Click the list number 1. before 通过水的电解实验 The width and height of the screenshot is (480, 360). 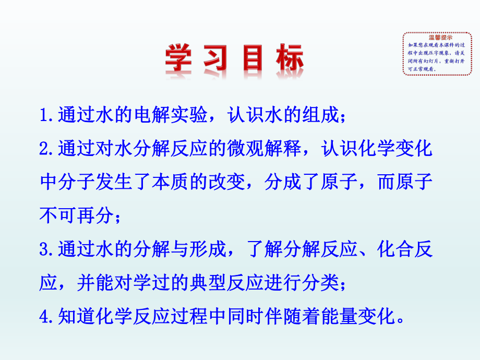(x=49, y=115)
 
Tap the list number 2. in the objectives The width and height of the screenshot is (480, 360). (x=49, y=149)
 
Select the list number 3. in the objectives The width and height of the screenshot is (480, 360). (x=49, y=249)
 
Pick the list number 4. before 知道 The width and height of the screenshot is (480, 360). (x=49, y=316)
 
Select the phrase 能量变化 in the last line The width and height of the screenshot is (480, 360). (x=371, y=316)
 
